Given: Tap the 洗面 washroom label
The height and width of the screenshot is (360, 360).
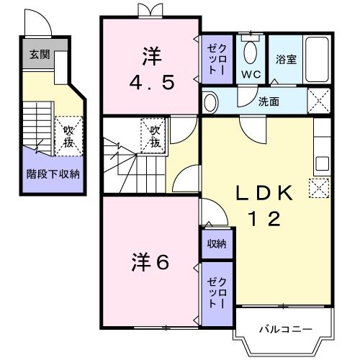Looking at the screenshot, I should click(x=269, y=102).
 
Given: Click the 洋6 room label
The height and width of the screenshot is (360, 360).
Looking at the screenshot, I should click(x=150, y=262).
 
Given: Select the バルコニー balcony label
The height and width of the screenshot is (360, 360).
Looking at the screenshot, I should click(x=286, y=329).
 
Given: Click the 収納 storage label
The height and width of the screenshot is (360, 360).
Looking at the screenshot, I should click(x=217, y=244).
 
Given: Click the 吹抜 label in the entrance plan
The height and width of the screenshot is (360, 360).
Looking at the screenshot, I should click(x=68, y=135).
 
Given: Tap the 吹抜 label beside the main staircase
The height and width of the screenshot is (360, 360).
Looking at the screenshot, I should click(x=155, y=135).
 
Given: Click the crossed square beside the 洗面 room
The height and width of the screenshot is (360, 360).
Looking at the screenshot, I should click(x=318, y=99).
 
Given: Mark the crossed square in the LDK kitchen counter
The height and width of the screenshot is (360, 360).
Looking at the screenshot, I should click(x=317, y=189).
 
